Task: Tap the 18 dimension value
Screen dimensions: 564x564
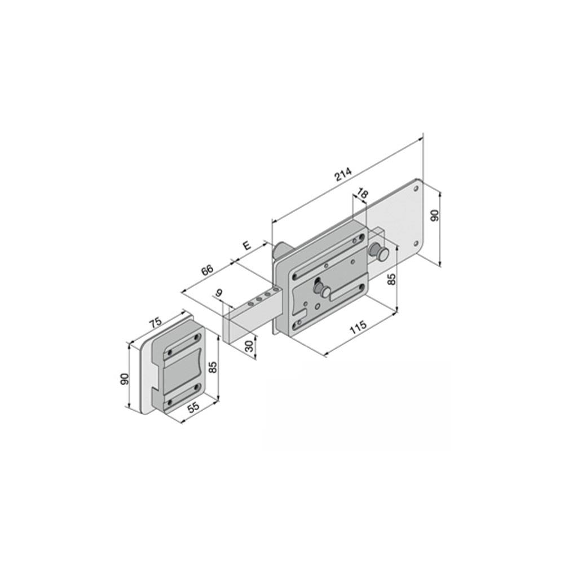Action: coord(363,194)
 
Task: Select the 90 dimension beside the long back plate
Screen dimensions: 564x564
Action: coord(435,215)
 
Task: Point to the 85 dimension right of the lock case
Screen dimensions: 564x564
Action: coord(392,279)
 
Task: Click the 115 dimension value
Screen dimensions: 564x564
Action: coord(358,327)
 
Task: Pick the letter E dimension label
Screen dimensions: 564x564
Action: coord(247,246)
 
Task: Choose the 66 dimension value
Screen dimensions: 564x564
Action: coord(207,270)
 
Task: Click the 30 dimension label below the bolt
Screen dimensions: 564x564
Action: coord(250,346)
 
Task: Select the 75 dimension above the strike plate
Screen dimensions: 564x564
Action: coord(156,323)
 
